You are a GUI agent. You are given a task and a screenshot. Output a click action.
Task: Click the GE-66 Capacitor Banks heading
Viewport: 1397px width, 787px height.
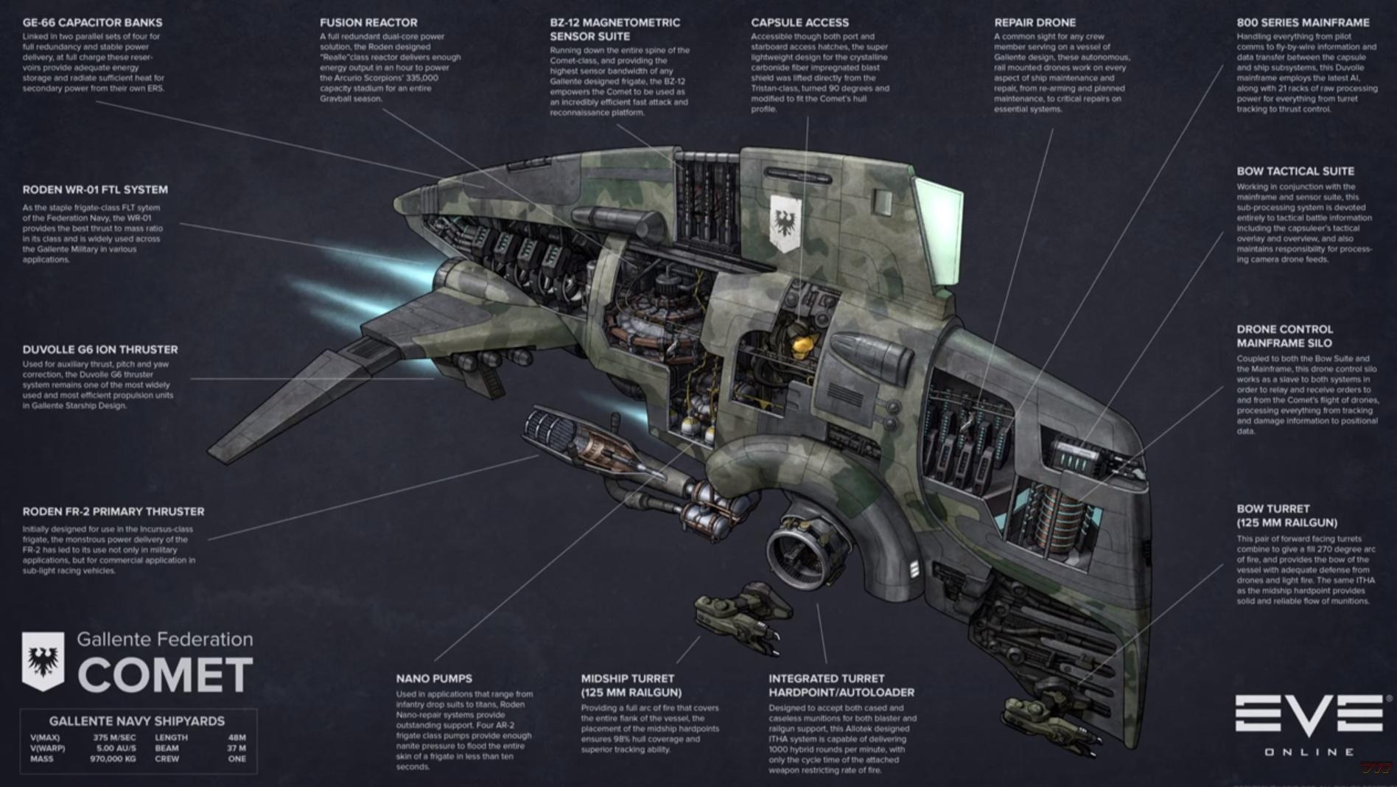pos(92,23)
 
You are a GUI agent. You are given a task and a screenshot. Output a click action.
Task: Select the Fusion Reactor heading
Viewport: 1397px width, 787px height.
pos(368,23)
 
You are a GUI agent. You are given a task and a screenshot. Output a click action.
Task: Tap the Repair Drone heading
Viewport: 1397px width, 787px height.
pos(1034,23)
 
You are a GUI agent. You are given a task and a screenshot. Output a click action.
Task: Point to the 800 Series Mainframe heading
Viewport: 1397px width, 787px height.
pos(1303,23)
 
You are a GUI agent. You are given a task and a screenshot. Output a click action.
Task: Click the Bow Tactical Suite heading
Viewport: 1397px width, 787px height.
pos(1295,171)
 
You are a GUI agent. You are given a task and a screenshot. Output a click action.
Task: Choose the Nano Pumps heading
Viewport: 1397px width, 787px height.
pos(434,679)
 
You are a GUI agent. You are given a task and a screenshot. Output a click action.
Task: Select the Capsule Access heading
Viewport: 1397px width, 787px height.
pos(799,23)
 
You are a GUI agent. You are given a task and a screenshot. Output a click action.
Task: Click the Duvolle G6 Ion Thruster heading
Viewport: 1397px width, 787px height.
pos(100,349)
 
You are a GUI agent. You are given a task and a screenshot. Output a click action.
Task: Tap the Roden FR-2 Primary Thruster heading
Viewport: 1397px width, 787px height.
pos(113,511)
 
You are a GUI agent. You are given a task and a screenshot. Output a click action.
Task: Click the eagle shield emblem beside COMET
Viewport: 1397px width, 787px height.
pos(43,660)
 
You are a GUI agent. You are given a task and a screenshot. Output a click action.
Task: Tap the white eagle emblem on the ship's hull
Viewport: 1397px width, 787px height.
pos(785,222)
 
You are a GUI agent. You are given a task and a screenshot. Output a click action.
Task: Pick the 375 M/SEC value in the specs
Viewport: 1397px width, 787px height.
pos(114,737)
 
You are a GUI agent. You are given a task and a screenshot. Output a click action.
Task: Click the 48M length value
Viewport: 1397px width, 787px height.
pos(237,737)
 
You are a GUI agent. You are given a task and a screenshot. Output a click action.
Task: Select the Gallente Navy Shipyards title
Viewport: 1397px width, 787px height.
pos(137,721)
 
